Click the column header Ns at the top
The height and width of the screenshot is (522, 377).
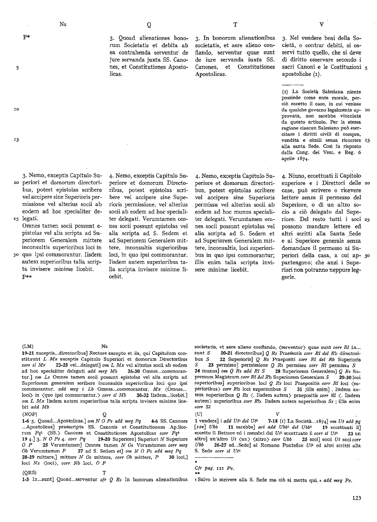point(63,24)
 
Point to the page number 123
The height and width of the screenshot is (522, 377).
point(356,498)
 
